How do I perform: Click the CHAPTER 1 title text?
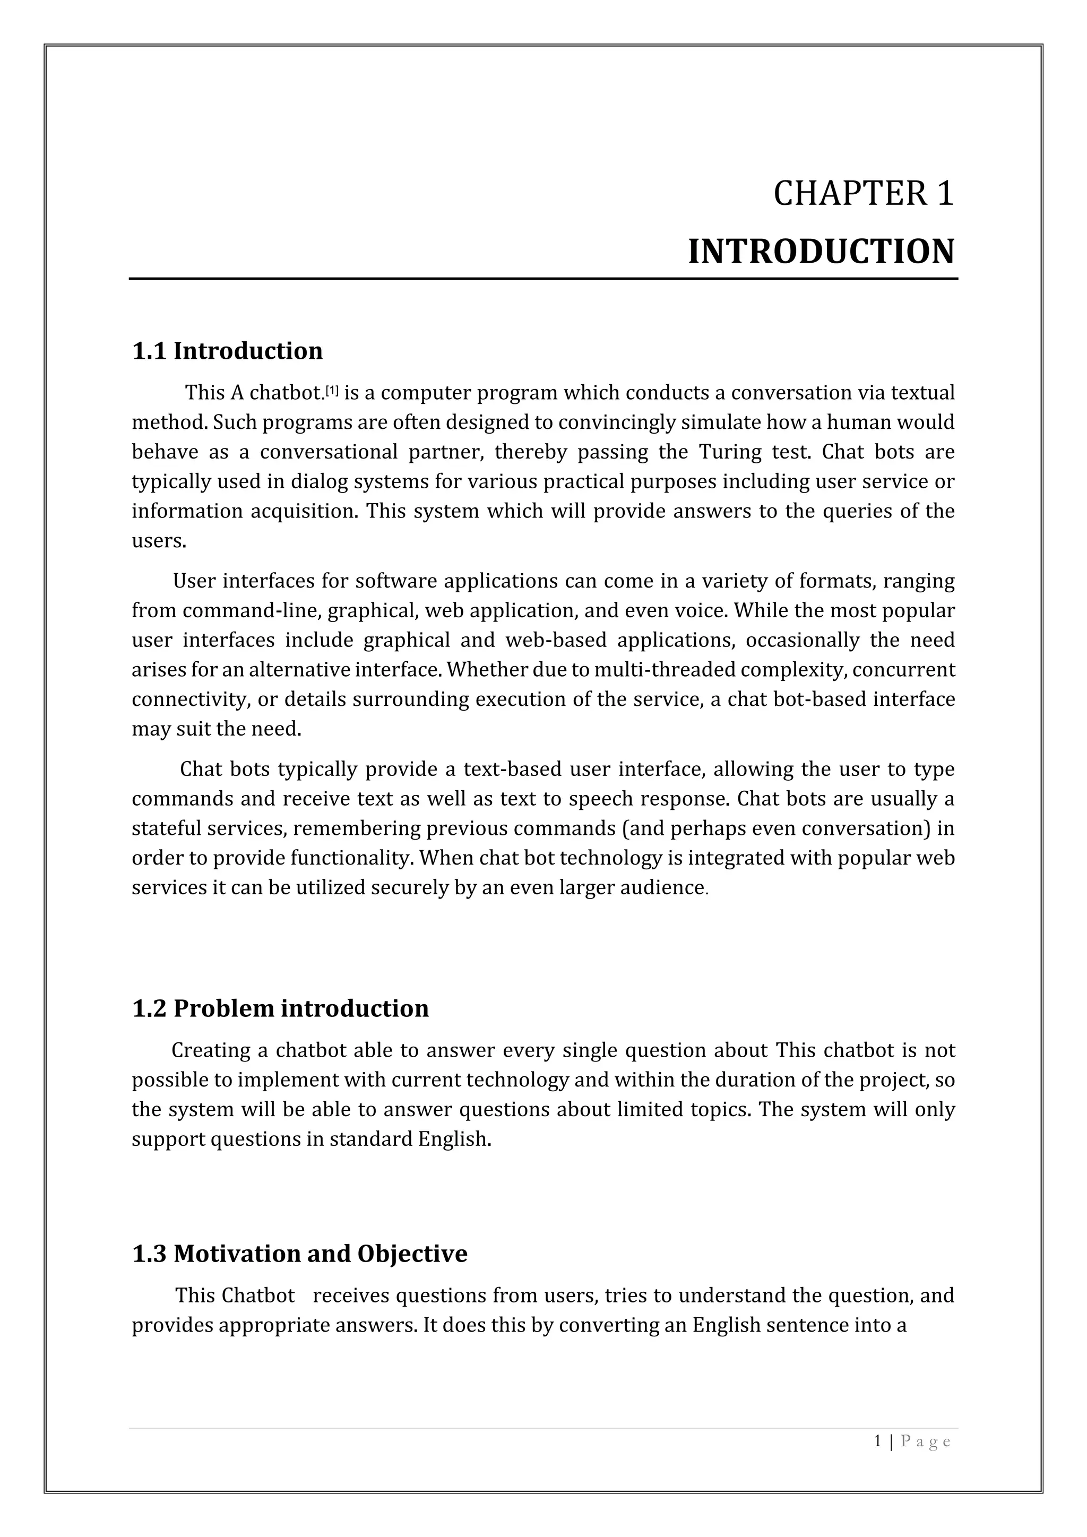click(x=863, y=194)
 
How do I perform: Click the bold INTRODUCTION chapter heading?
click(x=821, y=253)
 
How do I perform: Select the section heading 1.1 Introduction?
click(x=227, y=351)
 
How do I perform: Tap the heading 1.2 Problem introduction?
click(x=280, y=1008)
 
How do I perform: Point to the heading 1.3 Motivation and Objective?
click(x=299, y=1253)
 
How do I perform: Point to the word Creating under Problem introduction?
click(x=211, y=1050)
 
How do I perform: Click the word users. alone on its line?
click(x=159, y=541)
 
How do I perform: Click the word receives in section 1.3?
click(x=351, y=1296)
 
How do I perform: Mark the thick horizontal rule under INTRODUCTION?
click(x=543, y=279)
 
